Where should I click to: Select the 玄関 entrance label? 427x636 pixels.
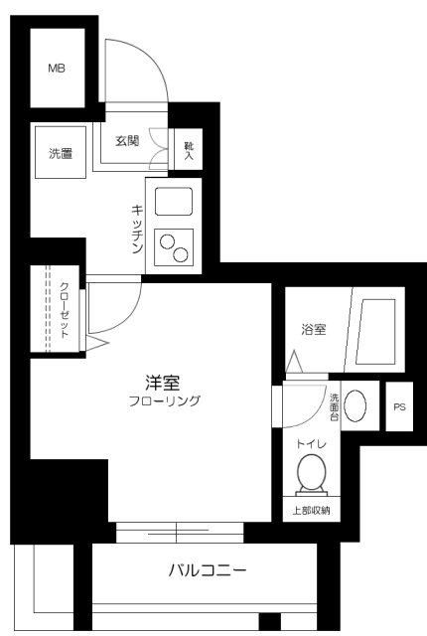click(125, 140)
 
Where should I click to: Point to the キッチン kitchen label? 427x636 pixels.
click(139, 230)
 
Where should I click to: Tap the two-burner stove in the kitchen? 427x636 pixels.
click(175, 247)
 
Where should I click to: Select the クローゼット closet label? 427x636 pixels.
click(65, 312)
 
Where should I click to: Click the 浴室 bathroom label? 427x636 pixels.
click(314, 330)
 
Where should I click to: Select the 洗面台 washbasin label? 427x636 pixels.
click(335, 406)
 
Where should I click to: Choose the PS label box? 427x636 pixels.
click(399, 407)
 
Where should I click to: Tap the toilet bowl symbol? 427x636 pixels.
click(311, 473)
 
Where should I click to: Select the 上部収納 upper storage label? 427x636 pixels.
click(311, 511)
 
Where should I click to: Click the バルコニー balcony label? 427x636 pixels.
click(207, 571)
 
